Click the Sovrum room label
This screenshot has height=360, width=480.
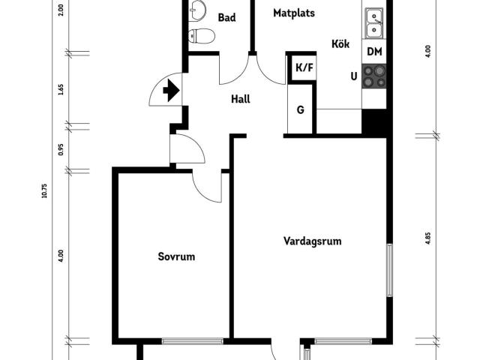pyautogui.click(x=176, y=256)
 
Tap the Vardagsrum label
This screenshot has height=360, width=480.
pyautogui.click(x=312, y=241)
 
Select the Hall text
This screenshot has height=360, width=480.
pyautogui.click(x=240, y=99)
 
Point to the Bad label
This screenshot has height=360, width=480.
pyautogui.click(x=226, y=17)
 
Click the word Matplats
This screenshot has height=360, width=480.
pyautogui.click(x=294, y=13)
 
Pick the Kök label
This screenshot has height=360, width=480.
pyautogui.click(x=340, y=43)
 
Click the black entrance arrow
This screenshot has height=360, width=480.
pyautogui.click(x=171, y=90)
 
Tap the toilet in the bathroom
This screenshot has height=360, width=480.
pyautogui.click(x=201, y=36)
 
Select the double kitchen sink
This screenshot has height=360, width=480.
pyautogui.click(x=374, y=23)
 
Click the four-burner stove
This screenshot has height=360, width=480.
pyautogui.click(x=374, y=76)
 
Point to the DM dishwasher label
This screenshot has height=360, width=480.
pyautogui.click(x=374, y=52)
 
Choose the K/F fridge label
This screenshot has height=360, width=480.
pyautogui.click(x=304, y=67)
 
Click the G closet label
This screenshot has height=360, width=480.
pyautogui.click(x=301, y=109)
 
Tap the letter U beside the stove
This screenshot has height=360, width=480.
pyautogui.click(x=354, y=76)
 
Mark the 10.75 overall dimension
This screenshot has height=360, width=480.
pyautogui.click(x=44, y=190)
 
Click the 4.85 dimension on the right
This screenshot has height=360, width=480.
pyautogui.click(x=427, y=238)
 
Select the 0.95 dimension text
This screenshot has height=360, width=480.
pyautogui.click(x=61, y=149)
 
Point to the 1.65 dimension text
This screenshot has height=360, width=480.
pyautogui.click(x=61, y=89)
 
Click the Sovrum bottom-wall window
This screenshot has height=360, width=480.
pyautogui.click(x=193, y=341)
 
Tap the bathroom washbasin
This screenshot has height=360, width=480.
pyautogui.click(x=196, y=10)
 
